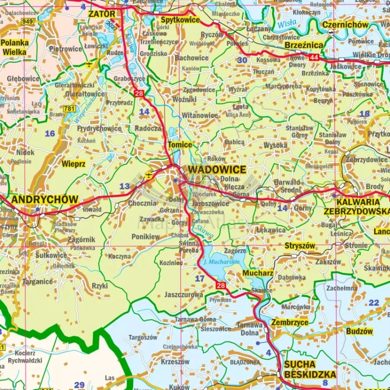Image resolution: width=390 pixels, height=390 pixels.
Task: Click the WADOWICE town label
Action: tap(217, 170)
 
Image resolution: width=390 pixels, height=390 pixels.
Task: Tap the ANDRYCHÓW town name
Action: tap(45, 200)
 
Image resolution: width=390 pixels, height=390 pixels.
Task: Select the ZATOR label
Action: tap(102, 14)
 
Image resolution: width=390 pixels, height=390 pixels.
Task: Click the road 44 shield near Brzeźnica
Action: tap(314, 57)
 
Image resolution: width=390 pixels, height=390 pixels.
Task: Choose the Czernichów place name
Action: tap(345, 25)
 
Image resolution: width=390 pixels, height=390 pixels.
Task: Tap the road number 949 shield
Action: tap(28, 21)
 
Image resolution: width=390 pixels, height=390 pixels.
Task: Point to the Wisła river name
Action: tap(286, 23)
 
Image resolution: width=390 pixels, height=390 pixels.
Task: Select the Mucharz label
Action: tap(258, 272)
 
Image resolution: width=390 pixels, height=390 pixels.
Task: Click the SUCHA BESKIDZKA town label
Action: tap(310, 369)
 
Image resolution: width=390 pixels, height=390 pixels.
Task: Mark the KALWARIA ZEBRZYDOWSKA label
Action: tap(356, 206)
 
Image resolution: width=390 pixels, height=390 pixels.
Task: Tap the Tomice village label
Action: tap(179, 145)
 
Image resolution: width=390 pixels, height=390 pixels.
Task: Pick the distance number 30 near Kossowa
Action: tap(242, 60)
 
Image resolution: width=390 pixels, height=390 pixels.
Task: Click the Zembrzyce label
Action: tap(290, 322)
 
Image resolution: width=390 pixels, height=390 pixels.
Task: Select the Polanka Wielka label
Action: tap(15, 47)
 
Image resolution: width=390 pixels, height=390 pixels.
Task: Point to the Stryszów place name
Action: tap(300, 245)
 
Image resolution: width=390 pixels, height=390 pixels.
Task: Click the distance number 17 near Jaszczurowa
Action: tap(200, 279)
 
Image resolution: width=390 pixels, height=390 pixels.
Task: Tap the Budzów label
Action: tap(359, 331)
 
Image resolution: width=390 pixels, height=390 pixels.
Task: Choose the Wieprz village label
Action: tap(73, 164)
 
